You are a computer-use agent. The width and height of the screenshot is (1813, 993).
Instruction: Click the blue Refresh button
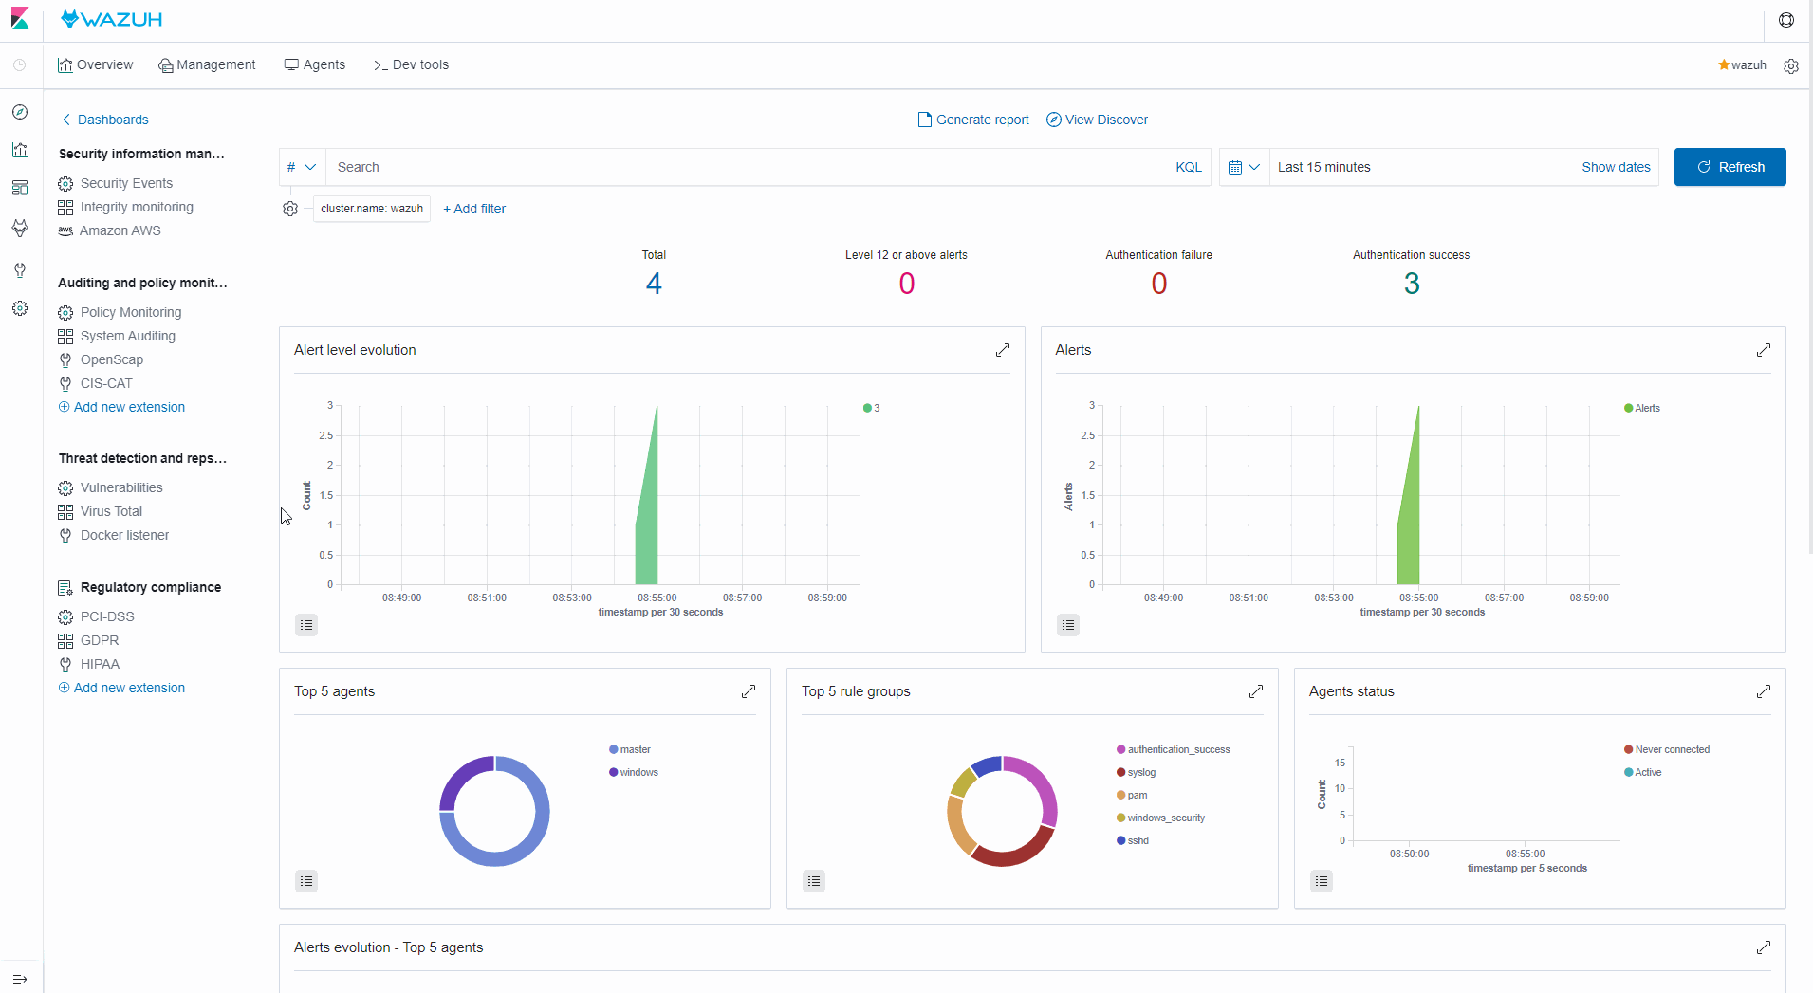(1729, 167)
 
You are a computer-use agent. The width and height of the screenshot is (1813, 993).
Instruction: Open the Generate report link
(973, 120)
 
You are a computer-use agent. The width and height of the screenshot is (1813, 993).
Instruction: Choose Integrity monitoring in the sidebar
(136, 207)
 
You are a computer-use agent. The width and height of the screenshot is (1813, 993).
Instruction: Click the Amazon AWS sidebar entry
(120, 230)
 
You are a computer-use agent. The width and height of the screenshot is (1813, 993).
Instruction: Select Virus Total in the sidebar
(111, 511)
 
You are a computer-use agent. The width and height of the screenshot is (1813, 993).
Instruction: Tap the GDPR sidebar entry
(99, 640)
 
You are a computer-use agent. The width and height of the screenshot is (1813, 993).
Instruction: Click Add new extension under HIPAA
(128, 688)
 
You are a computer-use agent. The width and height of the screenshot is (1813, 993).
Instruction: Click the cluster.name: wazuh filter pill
(371, 209)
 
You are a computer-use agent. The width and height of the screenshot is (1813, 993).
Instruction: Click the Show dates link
(1615, 167)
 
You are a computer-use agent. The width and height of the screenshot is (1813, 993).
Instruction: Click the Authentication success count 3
(1411, 284)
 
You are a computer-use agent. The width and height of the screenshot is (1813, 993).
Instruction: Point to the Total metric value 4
(654, 284)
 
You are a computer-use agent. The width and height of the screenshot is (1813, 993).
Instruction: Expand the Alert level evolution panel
(1002, 350)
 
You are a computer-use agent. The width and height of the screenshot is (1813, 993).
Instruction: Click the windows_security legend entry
(1165, 818)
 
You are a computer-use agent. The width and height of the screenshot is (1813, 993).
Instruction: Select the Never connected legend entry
(1671, 749)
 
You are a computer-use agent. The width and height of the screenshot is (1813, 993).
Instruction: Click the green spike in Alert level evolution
(648, 531)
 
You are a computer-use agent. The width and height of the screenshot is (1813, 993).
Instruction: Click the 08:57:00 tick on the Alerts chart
(1504, 598)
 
